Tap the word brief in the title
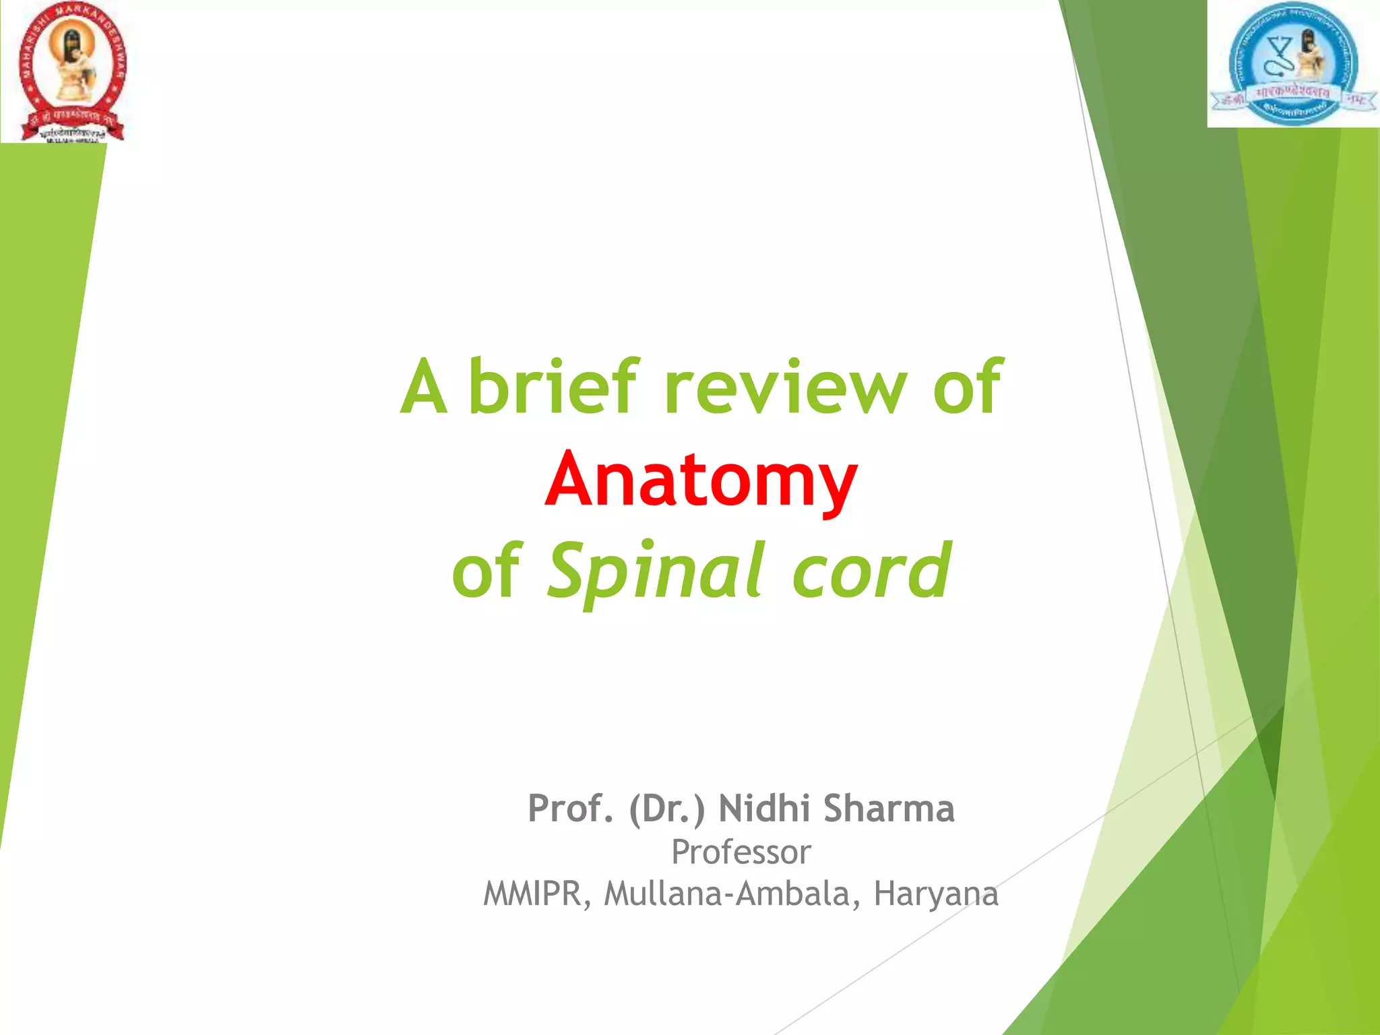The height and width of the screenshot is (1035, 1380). coord(553,387)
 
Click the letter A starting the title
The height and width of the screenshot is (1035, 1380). coord(424,388)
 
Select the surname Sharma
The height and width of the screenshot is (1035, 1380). coord(889,809)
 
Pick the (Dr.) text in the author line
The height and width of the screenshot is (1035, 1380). coord(667,809)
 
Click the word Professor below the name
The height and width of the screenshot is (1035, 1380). coord(741,852)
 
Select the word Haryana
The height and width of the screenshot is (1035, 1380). coord(936,895)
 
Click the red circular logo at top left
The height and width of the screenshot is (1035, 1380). coord(71,71)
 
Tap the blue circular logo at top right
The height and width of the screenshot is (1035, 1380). coord(1292,64)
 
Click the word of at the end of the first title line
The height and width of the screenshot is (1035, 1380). coord(968,388)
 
